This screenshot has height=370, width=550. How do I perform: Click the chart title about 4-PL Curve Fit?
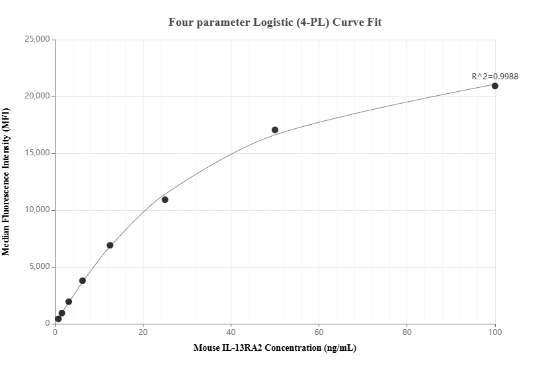coord(275,22)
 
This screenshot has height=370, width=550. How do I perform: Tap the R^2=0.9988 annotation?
coord(494,76)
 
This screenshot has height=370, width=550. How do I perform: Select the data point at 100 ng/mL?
coord(495,86)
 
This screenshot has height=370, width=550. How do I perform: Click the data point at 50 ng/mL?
coord(275,129)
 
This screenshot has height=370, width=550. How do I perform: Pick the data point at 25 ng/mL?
coord(165,200)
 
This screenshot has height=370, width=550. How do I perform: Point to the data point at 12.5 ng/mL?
coord(110,245)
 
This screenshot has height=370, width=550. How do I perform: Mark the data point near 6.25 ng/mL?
coord(83,281)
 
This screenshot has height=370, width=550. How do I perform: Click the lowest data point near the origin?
coord(58,318)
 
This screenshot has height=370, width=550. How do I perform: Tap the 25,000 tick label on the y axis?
coord(36,40)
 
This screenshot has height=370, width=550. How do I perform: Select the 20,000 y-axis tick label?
coord(36,96)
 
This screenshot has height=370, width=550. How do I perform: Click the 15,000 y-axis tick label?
coord(36,153)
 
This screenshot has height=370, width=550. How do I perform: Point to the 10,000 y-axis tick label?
coord(36,210)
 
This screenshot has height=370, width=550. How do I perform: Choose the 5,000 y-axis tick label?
coord(38,267)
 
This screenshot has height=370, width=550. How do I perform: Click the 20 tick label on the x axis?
coord(143,332)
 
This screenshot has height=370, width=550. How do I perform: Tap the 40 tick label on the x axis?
coord(231,332)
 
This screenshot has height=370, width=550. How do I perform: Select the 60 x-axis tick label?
coord(319,332)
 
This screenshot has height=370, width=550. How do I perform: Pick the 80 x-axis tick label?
coord(407,332)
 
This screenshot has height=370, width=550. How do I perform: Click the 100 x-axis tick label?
coord(495,332)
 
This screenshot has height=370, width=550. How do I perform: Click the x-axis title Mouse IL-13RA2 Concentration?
coord(275,348)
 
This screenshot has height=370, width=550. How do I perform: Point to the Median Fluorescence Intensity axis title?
coord(7,182)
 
